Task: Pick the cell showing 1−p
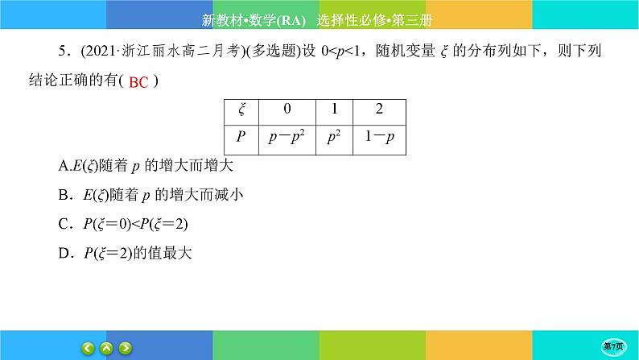pos(377,138)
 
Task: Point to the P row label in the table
pos(241,138)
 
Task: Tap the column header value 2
pos(377,109)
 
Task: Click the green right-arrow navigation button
pos(125,348)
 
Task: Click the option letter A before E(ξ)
pos(64,167)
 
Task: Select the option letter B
pos(65,196)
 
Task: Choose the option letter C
pos(65,225)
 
